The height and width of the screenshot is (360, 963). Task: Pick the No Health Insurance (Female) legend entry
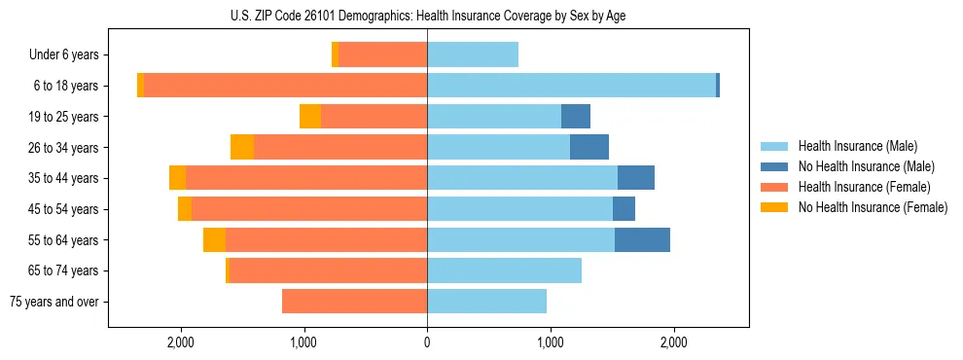[x=873, y=207]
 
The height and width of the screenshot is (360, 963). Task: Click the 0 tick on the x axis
[x=427, y=342]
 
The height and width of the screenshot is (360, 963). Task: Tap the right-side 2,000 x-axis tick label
[x=673, y=342]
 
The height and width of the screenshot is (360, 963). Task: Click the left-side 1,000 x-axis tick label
[x=304, y=342]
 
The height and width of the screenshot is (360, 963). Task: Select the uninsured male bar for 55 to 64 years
[x=642, y=239]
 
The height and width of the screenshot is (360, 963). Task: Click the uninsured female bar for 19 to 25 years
[x=310, y=117]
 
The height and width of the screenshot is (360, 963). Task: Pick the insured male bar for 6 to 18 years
[x=571, y=86]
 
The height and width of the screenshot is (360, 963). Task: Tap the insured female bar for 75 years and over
[x=354, y=302]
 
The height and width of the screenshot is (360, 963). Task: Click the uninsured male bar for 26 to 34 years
[x=589, y=148]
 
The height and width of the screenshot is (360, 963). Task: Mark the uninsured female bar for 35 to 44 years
[x=177, y=178]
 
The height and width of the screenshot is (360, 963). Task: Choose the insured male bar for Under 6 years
[x=473, y=55]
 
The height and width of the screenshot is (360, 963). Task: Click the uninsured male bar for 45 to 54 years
[x=624, y=209]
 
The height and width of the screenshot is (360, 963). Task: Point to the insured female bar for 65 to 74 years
[x=328, y=270]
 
